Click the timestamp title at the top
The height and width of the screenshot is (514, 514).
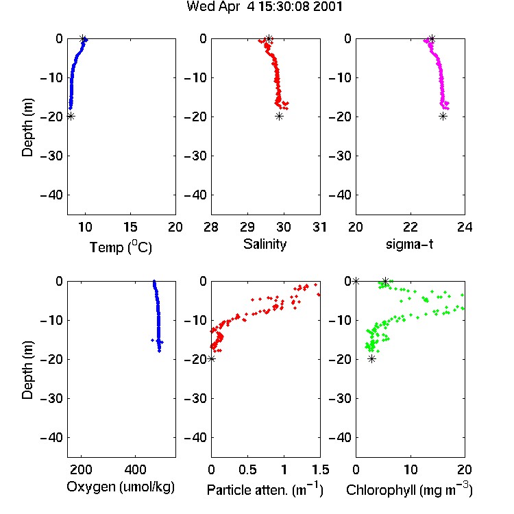coord(265,7)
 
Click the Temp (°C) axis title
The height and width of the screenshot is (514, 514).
coord(121,247)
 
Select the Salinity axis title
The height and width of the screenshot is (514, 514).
coord(265,244)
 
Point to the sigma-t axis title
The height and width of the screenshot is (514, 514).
coord(409,244)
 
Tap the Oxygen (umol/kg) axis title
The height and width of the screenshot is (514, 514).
coord(121,487)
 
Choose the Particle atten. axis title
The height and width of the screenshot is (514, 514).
coord(265,490)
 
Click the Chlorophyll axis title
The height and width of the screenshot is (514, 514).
coord(409,490)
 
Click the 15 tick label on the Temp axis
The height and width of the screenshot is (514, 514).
coord(130,227)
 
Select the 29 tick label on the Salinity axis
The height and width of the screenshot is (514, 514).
coord(247,227)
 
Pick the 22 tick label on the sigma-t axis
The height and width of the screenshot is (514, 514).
coord(411,227)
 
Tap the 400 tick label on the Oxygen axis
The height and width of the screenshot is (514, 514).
coord(135,469)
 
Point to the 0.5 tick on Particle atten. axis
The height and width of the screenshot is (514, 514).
coord(247,469)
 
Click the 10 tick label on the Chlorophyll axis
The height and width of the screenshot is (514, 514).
coord(411,469)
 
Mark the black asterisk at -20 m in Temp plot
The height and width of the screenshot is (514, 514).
coord(71,117)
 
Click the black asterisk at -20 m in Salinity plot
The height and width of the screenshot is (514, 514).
coord(279,117)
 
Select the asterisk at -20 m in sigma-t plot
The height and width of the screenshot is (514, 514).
coord(443,117)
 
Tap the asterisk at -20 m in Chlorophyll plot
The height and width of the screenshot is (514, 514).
coord(371,359)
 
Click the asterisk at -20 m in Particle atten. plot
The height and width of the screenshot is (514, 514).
coord(212,359)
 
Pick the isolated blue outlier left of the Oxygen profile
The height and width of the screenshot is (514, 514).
coord(152,340)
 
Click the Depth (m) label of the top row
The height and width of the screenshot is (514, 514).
coord(27,127)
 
